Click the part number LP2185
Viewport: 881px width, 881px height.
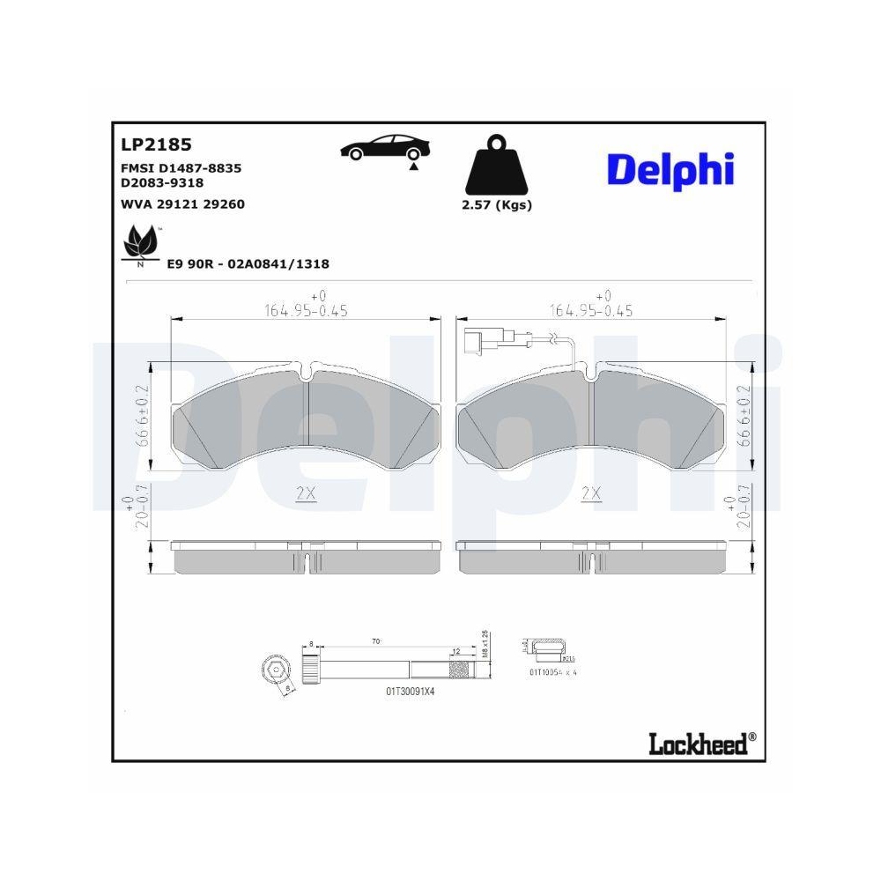(156, 144)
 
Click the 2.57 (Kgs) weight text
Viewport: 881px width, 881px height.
(498, 205)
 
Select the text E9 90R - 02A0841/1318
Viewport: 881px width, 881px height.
(248, 263)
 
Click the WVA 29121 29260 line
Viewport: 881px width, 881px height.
(181, 204)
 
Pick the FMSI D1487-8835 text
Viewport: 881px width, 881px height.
(181, 167)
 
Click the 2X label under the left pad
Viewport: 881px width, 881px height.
(306, 494)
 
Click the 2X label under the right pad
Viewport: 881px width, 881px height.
(591, 494)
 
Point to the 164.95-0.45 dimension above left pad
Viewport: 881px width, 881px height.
(306, 310)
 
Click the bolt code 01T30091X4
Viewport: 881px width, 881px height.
(410, 692)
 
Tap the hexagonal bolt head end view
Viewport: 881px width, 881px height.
(275, 672)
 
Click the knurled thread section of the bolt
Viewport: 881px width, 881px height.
(463, 670)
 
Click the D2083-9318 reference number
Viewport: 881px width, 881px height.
(162, 182)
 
